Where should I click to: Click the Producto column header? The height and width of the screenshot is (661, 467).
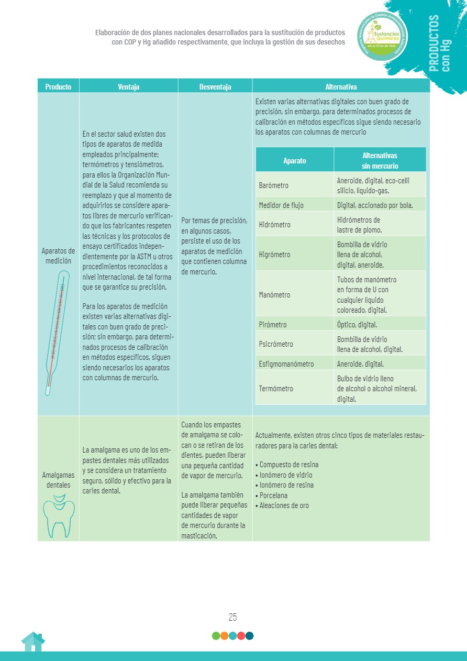(x=58, y=87)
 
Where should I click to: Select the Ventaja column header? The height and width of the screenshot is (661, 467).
(x=128, y=87)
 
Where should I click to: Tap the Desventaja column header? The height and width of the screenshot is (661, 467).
(x=215, y=87)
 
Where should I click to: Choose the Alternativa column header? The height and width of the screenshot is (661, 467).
(x=341, y=87)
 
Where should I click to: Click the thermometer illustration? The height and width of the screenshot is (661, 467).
(x=56, y=333)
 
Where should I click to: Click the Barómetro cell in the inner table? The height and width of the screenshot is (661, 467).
(x=274, y=185)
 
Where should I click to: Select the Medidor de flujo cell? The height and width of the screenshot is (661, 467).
(x=281, y=205)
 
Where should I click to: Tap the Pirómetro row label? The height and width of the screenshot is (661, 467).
(x=273, y=325)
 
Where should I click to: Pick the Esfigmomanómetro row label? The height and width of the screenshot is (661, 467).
(x=286, y=364)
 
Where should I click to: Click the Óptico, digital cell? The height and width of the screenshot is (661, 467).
(x=357, y=325)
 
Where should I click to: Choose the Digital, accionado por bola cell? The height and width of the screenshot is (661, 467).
(x=375, y=205)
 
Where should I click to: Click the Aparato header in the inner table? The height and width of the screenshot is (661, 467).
(x=295, y=161)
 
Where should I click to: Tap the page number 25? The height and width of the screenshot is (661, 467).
(x=233, y=616)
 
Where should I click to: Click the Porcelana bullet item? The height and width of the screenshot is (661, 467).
(x=274, y=495)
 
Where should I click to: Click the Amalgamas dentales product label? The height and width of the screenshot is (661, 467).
(x=58, y=480)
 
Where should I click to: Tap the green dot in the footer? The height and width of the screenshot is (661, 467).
(x=216, y=636)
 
